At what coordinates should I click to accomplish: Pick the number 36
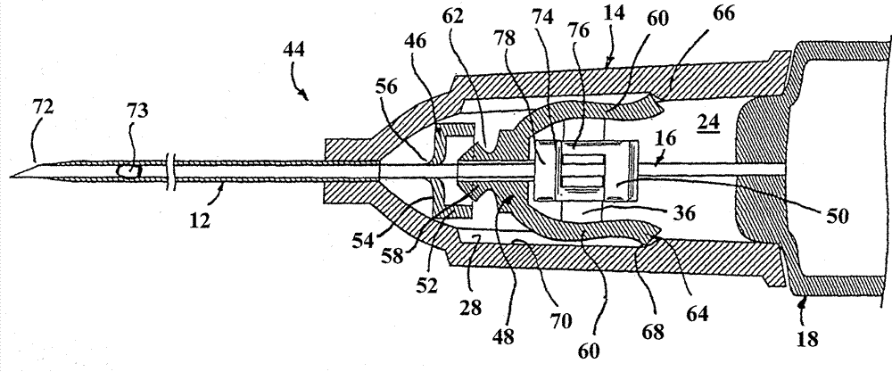[x=681, y=214]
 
